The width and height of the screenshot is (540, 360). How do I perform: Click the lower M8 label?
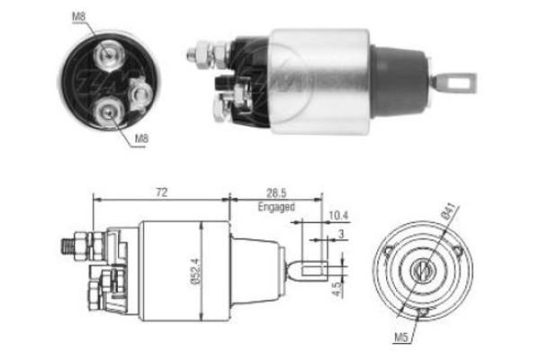(x=141, y=139)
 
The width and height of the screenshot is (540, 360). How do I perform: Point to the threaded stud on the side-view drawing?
(x=69, y=244)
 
